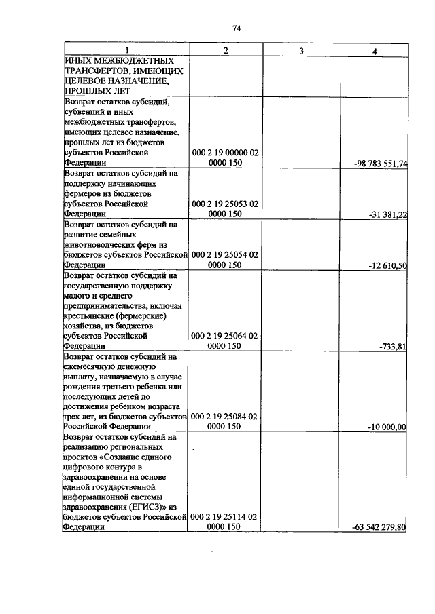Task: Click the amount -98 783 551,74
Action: pos(381,164)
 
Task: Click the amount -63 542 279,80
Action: pos(379,527)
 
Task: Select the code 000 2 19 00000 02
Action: pos(225,153)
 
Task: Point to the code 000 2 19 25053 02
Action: pos(225,204)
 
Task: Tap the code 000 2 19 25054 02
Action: pos(225,254)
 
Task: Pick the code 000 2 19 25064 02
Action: pos(225,335)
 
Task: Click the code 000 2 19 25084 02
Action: pos(225,416)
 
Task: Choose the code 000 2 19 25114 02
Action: pos(225,517)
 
